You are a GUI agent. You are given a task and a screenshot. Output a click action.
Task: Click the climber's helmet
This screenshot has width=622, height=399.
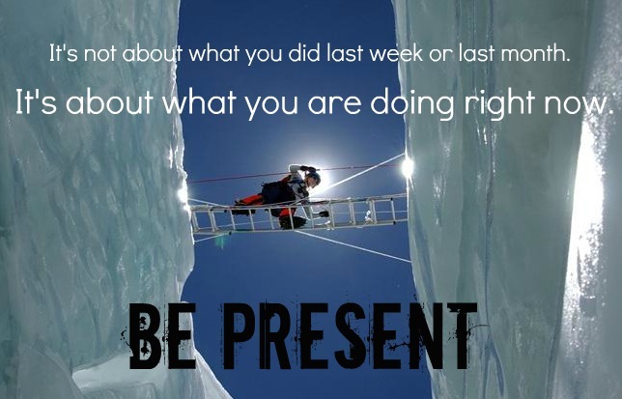pos(313,177)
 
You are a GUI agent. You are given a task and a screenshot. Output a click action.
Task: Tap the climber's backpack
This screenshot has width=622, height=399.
pos(279,191)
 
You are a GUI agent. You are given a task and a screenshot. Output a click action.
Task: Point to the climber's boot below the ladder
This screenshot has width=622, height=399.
pos(293,222)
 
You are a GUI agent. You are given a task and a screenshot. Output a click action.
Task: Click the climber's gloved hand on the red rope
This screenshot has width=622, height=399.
pos(307,168)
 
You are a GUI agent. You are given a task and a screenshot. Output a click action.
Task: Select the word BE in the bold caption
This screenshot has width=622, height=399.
pos(162,335)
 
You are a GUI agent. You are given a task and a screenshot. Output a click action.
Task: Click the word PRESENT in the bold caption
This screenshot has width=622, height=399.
pos(349,335)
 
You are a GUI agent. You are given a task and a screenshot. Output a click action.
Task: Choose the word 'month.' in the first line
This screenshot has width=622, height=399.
pos(535,53)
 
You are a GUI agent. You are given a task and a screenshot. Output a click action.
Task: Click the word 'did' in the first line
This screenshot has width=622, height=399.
pos(304,53)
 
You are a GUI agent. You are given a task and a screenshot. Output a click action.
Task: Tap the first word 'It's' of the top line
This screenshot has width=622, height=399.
pos(64,53)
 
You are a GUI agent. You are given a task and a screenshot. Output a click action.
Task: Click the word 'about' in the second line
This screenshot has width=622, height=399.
pos(110,102)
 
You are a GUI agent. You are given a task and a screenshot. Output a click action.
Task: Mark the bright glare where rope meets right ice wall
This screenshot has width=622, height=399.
pos(407,166)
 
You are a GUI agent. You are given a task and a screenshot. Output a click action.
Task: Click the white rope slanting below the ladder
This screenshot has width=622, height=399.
pos(352,246)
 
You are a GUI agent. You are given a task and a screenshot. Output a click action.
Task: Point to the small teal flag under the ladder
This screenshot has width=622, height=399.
pos(220,241)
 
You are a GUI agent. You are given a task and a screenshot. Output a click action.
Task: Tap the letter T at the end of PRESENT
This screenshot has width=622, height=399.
pos(462,335)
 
